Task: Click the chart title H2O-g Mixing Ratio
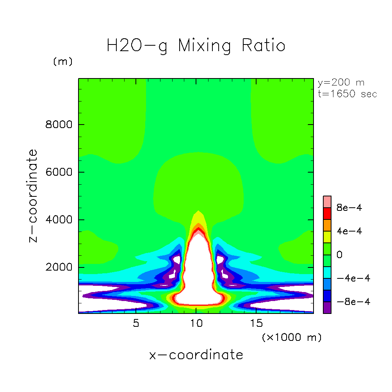coord(196,46)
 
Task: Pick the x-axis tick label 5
coord(136,324)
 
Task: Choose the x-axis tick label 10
coord(196,324)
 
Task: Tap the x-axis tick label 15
coord(256,324)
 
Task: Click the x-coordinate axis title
coord(196,355)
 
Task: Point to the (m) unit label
coord(62,62)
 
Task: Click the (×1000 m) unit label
coord(292,337)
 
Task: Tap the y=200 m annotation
coord(340,83)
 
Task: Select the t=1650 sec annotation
coord(347,94)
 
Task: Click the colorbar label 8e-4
coord(349,208)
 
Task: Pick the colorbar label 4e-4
coord(349,231)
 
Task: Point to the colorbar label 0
coord(339,255)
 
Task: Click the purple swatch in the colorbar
coord(327,308)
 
